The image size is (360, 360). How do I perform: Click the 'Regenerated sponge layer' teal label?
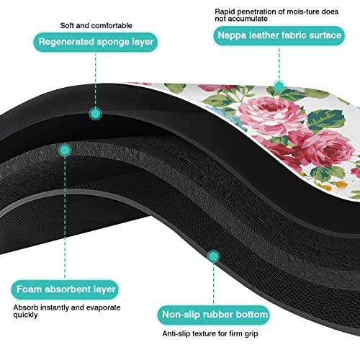96,42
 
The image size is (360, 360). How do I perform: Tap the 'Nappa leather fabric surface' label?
279,35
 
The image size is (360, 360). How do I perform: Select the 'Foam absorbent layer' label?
65,289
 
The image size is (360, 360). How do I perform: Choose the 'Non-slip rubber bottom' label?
214,315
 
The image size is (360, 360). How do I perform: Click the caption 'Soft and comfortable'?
96,25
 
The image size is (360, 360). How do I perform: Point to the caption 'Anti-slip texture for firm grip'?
210,333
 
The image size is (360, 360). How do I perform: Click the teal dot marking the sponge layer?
96,114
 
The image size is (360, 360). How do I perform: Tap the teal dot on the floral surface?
279,86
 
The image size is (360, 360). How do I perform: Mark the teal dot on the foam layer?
65,150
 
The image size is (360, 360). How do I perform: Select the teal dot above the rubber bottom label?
213,256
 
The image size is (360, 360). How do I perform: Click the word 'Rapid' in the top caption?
225,12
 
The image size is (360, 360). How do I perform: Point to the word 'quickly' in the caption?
25,315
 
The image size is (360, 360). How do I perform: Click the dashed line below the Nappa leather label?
279,63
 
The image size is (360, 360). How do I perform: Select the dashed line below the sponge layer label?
96,80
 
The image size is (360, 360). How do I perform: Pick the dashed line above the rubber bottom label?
213,284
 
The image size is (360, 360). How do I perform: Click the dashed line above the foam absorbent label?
65,218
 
